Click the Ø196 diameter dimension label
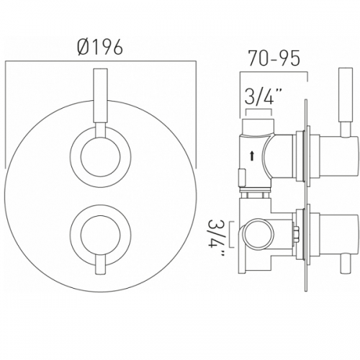pos(100,47)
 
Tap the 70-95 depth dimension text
pos(274,58)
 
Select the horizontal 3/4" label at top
pos(259,96)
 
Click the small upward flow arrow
pos(252,156)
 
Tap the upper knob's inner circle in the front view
pos(100,158)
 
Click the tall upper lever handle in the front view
pos(100,96)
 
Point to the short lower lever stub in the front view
pos(100,264)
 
